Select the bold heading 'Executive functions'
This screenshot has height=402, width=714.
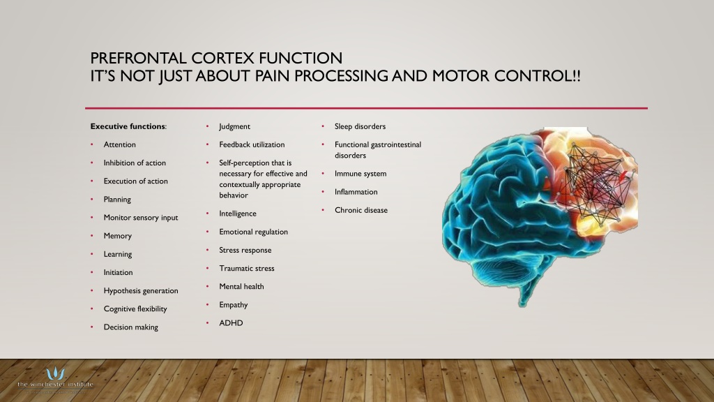pyautogui.click(x=128, y=126)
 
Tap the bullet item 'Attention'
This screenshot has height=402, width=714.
pyautogui.click(x=120, y=144)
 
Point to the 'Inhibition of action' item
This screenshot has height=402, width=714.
pyautogui.click(x=135, y=163)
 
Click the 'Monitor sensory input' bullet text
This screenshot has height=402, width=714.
pyautogui.click(x=141, y=218)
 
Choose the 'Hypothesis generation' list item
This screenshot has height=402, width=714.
pyautogui.click(x=141, y=291)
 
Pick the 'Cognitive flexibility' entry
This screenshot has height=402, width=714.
pyautogui.click(x=135, y=309)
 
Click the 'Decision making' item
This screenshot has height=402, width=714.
pyautogui.click(x=130, y=327)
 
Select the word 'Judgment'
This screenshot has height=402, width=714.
pyautogui.click(x=234, y=127)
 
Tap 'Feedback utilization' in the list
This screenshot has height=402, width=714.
pyautogui.click(x=252, y=144)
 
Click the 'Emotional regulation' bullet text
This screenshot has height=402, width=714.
pyautogui.click(x=253, y=232)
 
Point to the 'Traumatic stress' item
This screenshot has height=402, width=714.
pyautogui.click(x=247, y=269)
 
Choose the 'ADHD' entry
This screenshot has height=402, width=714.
pyautogui.click(x=231, y=323)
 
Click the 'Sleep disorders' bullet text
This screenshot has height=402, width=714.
pyautogui.click(x=360, y=126)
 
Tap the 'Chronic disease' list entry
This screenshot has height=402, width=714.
pyautogui.click(x=361, y=210)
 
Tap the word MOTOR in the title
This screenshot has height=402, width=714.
pyautogui.click(x=461, y=75)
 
